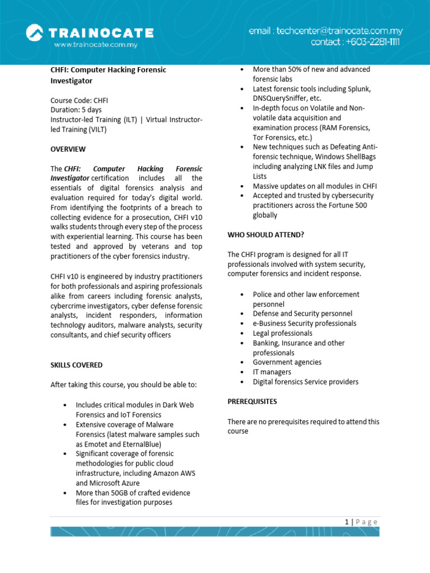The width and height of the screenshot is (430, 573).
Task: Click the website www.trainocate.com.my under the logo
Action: point(95,44)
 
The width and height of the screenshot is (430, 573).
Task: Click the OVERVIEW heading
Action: point(68,149)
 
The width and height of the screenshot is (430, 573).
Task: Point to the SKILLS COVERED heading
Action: point(77,365)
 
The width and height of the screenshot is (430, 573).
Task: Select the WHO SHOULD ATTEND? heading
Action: point(266,234)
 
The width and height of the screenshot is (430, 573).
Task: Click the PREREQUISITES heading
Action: point(252,401)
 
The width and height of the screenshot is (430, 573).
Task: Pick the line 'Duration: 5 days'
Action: point(76,110)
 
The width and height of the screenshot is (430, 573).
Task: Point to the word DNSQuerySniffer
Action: point(280,98)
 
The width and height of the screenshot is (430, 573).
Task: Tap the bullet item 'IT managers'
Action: point(272,372)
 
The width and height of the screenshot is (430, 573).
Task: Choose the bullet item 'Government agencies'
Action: point(287,363)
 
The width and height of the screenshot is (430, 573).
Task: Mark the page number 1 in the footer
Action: point(347,522)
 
